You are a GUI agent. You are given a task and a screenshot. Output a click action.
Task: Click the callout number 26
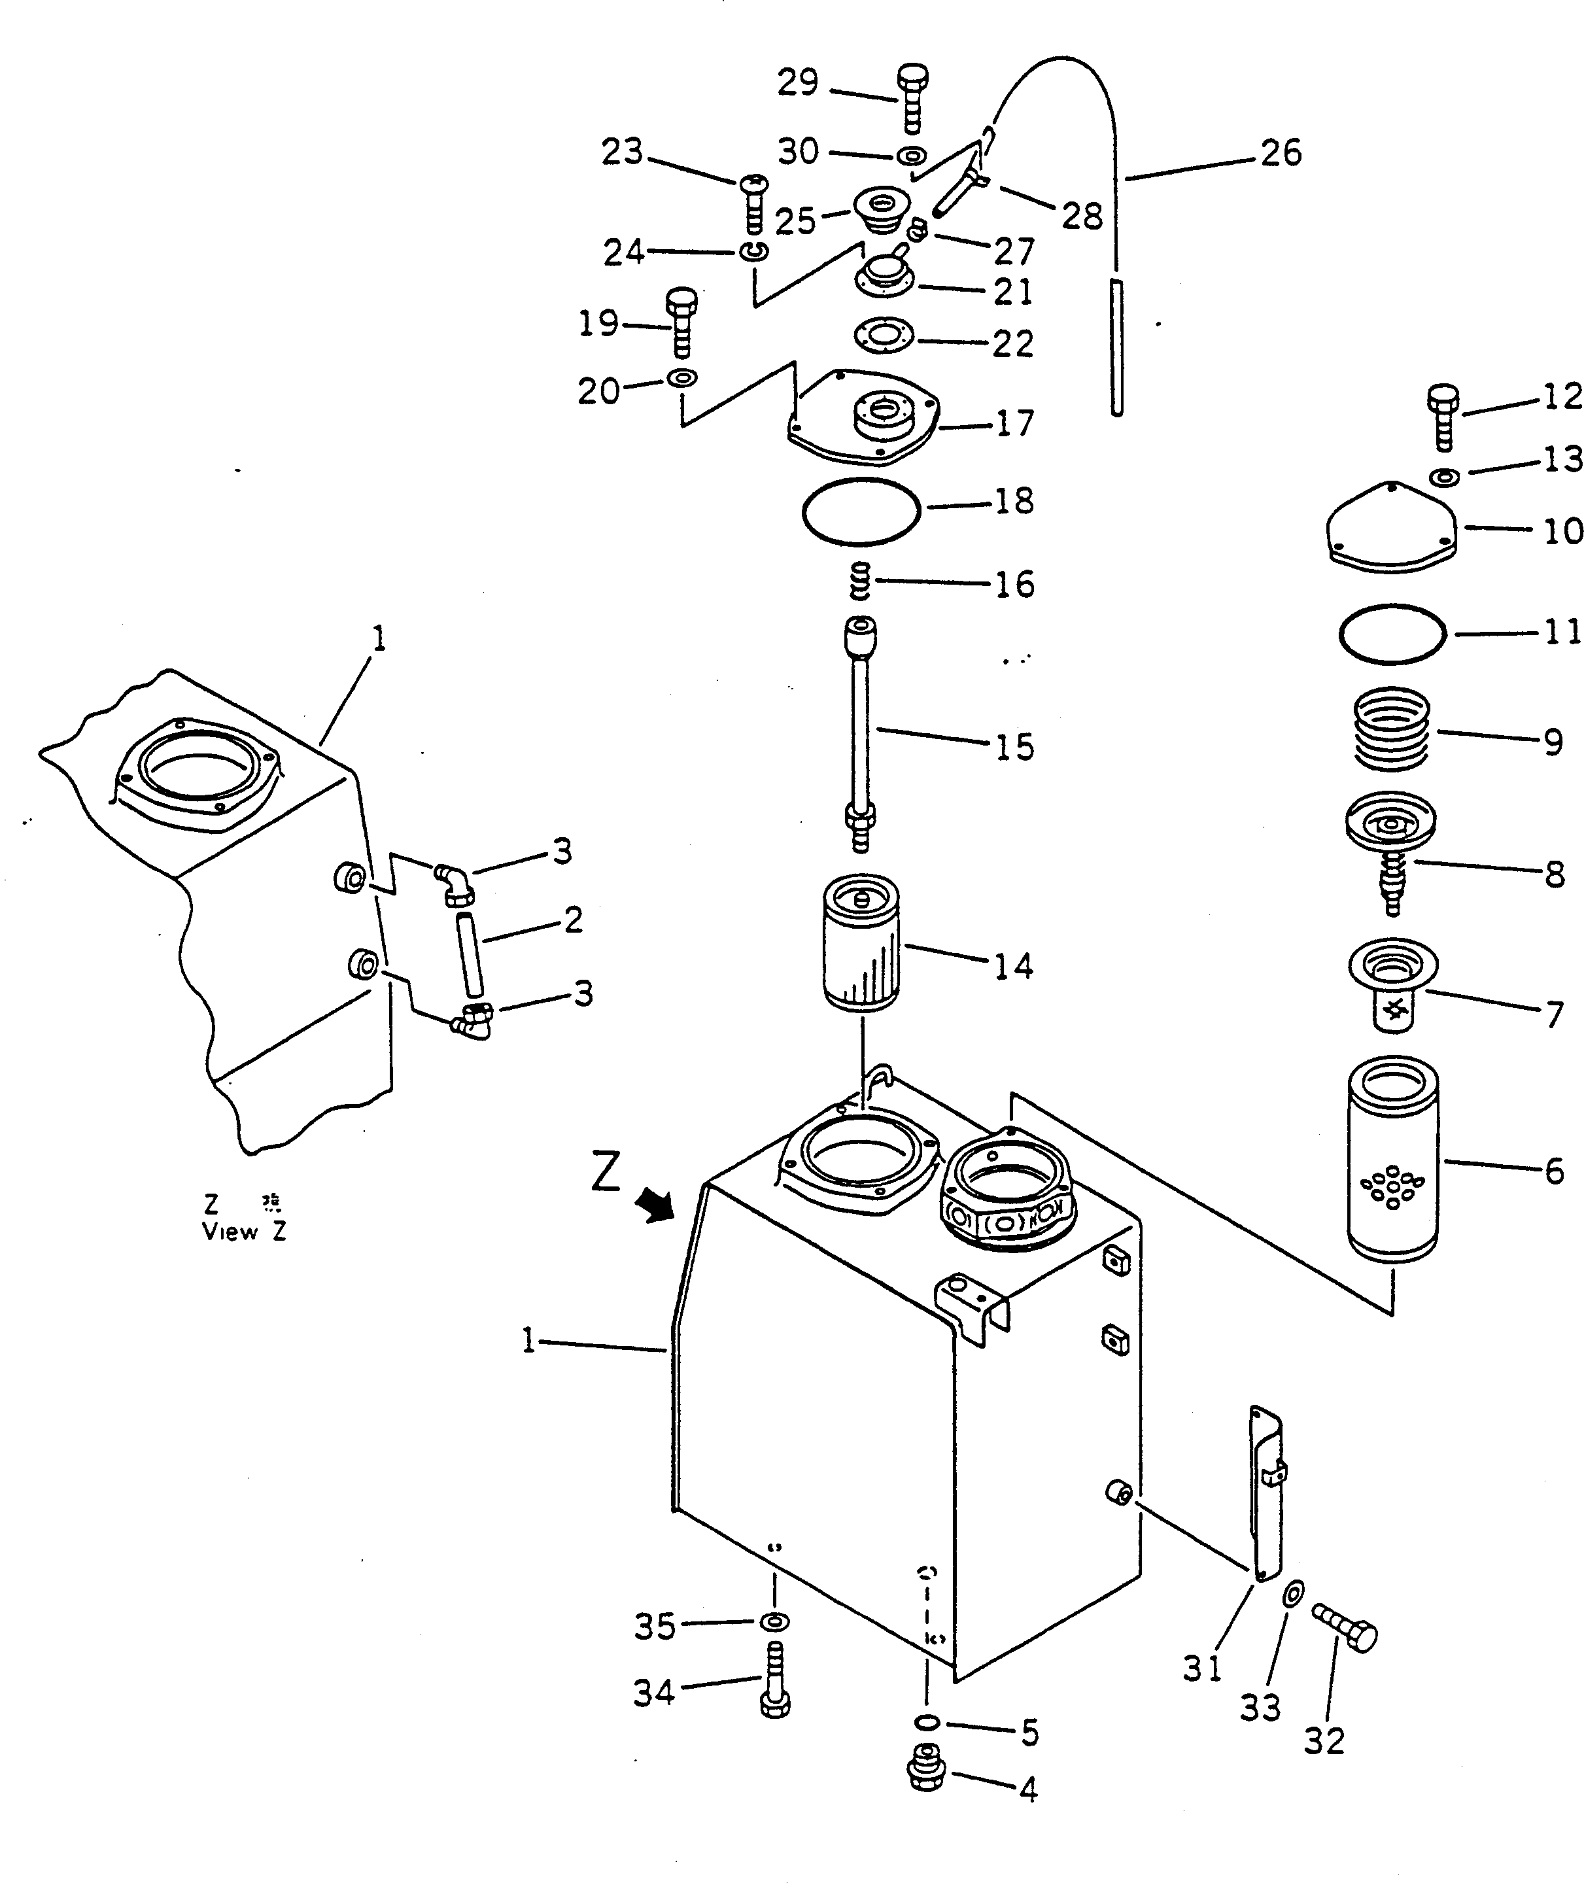[x=1281, y=154]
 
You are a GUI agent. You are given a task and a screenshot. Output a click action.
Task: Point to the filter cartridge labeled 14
[x=860, y=944]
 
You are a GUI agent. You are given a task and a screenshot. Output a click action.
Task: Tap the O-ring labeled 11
[x=1392, y=634]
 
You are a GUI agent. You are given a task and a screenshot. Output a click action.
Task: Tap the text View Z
[x=243, y=1232]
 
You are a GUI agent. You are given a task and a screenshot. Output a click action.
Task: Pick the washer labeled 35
[x=773, y=1621]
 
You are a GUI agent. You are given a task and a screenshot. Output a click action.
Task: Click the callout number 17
[x=1015, y=423]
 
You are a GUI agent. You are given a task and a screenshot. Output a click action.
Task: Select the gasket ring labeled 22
[x=883, y=336]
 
